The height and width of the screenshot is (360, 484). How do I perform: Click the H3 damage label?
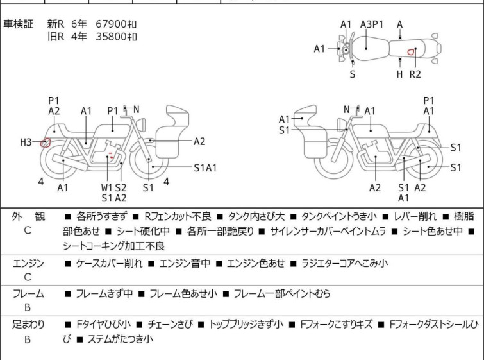pyautogui.click(x=26, y=142)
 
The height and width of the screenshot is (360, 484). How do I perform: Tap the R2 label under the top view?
pyautogui.click(x=415, y=74)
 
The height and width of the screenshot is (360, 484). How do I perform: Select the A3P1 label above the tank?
pyautogui.click(x=372, y=24)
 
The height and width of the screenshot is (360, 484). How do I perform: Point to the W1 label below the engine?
pyautogui.click(x=107, y=187)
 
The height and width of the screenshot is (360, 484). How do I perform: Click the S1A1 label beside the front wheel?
pyautogui.click(x=205, y=168)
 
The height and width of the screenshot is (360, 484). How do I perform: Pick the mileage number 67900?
pyautogui.click(x=111, y=24)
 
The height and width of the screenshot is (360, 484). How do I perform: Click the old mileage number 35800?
pyautogui.click(x=111, y=37)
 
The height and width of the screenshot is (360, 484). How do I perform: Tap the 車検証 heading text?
pyautogui.click(x=18, y=24)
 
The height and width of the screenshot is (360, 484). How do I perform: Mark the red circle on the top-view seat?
pyautogui.click(x=410, y=52)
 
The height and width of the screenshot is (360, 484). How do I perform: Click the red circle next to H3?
pyautogui.click(x=46, y=142)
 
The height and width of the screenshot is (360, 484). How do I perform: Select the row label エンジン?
pyautogui.click(x=28, y=263)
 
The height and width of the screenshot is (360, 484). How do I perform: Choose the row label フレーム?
pyautogui.click(x=28, y=293)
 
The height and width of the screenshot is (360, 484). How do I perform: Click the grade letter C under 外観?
pyautogui.click(x=28, y=230)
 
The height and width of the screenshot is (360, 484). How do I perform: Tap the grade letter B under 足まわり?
pyautogui.click(x=28, y=339)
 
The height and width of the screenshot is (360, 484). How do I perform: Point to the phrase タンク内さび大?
pyautogui.click(x=256, y=216)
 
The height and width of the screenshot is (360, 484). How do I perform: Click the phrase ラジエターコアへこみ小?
pyautogui.click(x=344, y=263)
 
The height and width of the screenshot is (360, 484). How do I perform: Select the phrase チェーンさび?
pyautogui.click(x=171, y=324)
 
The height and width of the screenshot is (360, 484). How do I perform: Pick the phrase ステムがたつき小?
pyautogui.click(x=121, y=339)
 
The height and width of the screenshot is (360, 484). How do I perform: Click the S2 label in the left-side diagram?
pyautogui.click(x=121, y=187)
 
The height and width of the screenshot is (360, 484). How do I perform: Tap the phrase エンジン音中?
pyautogui.click(x=185, y=263)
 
